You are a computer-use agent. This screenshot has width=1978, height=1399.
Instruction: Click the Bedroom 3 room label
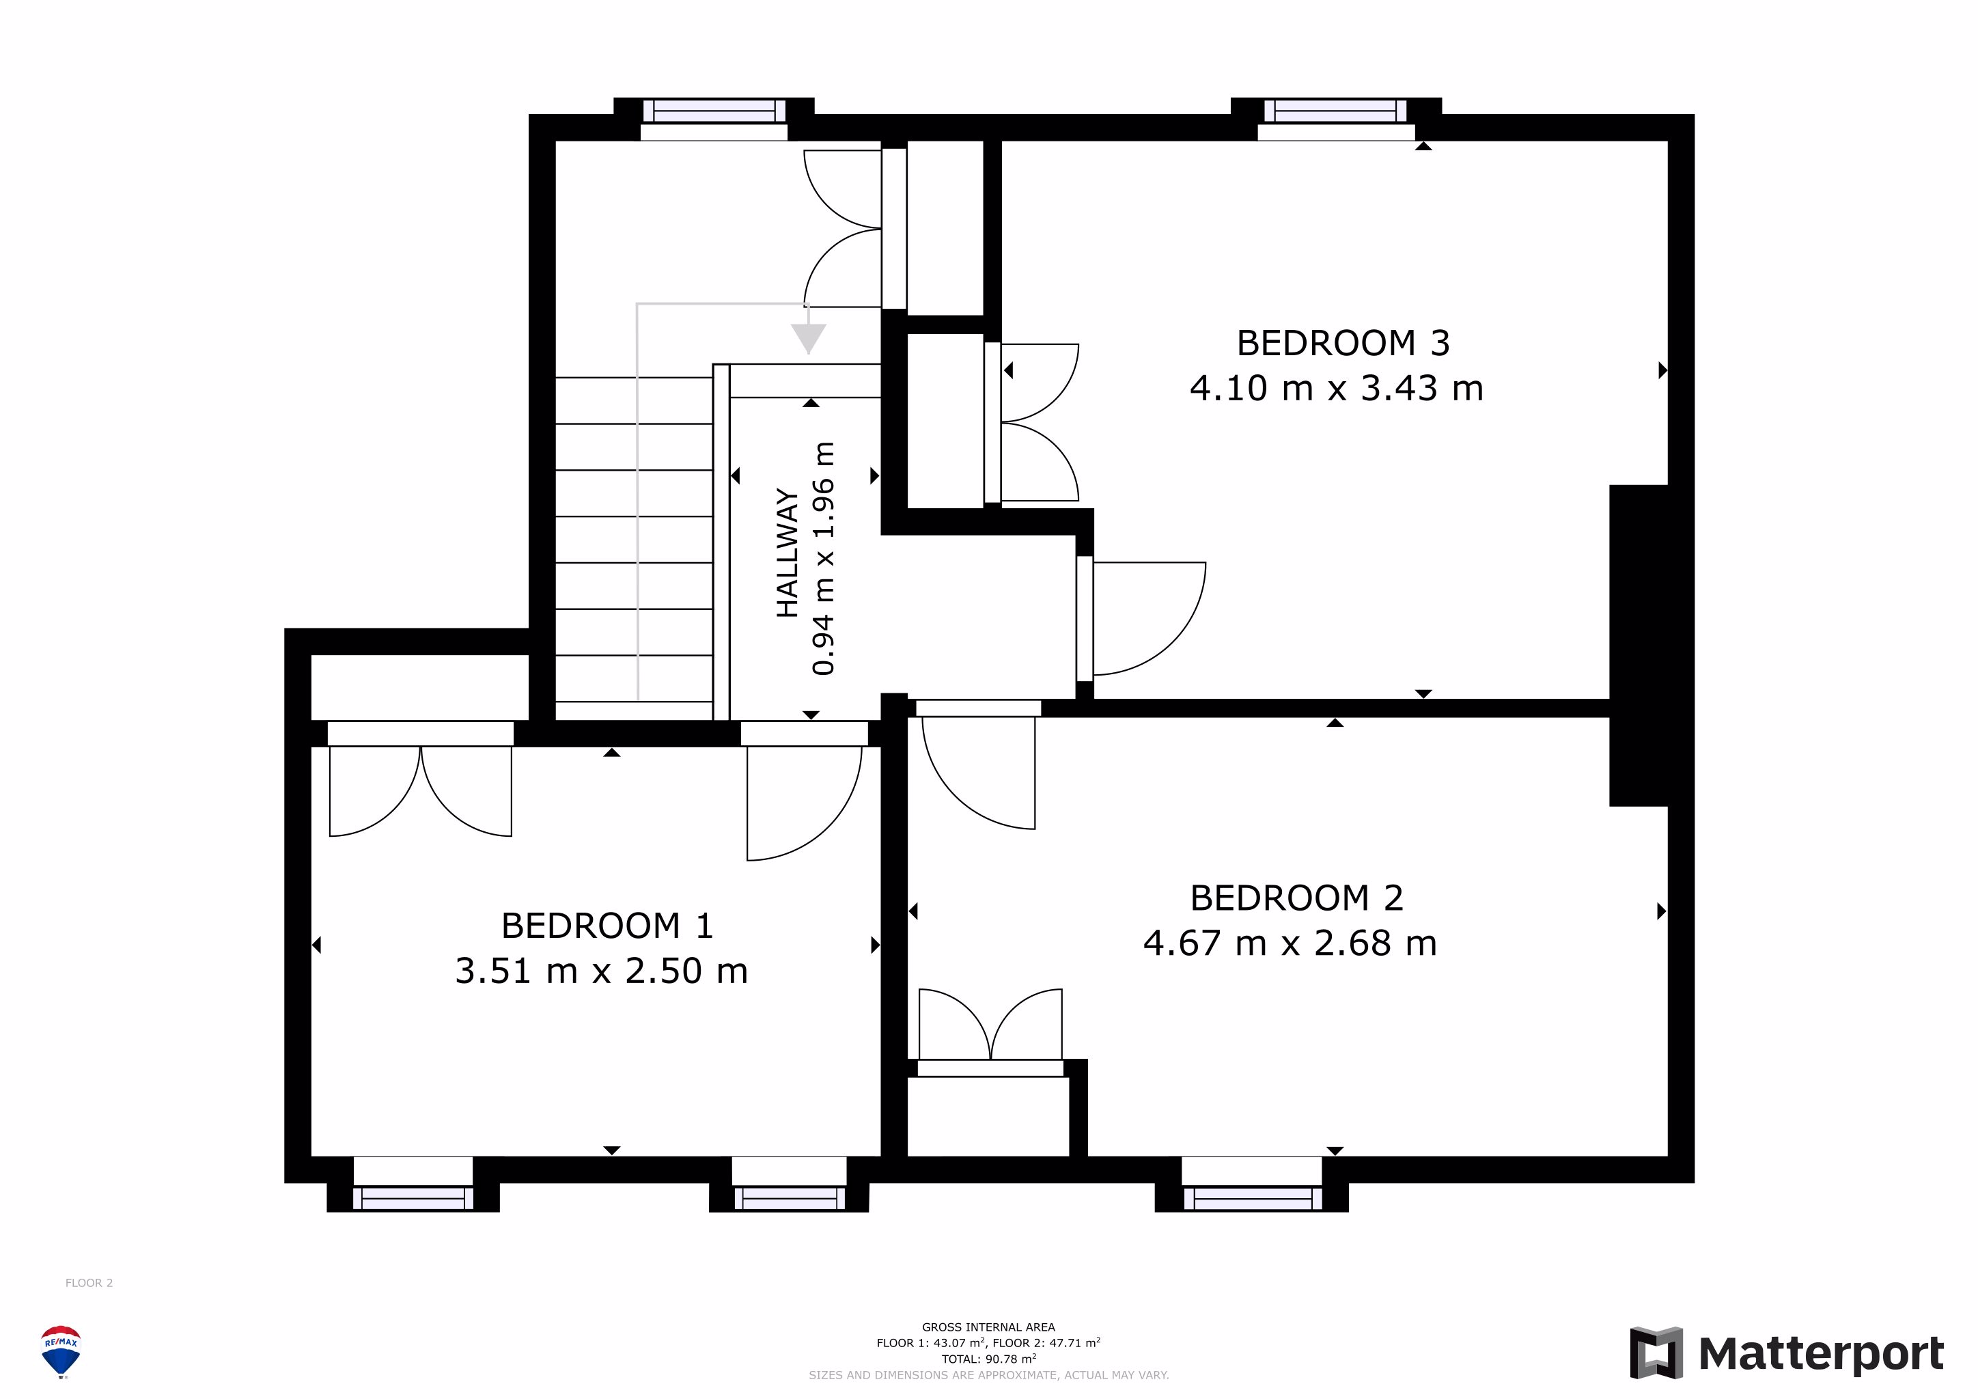pyautogui.click(x=1343, y=344)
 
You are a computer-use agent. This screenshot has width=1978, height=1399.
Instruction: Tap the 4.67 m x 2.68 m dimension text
pyautogui.click(x=1290, y=943)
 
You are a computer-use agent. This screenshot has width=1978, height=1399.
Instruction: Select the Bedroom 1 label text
pyautogui.click(x=607, y=926)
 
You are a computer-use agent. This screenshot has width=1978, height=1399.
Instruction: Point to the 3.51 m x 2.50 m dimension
pyautogui.click(x=601, y=971)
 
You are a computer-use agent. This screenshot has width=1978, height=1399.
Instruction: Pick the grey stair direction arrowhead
pyautogui.click(x=808, y=339)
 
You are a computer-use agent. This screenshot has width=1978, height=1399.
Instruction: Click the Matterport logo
pyautogui.click(x=1787, y=1353)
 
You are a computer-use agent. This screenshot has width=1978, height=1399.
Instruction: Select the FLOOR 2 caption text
pyautogui.click(x=89, y=1283)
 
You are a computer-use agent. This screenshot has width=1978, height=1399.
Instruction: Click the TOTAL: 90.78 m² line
pyautogui.click(x=988, y=1359)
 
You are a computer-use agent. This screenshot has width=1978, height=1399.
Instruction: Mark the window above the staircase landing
pyautogui.click(x=714, y=118)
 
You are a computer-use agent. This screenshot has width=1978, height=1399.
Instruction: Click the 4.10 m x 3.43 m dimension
pyautogui.click(x=1336, y=389)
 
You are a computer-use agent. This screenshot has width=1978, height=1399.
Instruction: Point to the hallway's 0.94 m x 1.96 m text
pyautogui.click(x=824, y=558)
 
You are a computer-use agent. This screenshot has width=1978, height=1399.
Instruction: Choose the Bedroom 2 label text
pyautogui.click(x=1296, y=898)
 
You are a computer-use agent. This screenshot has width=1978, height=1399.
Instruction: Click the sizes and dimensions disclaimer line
pyautogui.click(x=988, y=1375)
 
